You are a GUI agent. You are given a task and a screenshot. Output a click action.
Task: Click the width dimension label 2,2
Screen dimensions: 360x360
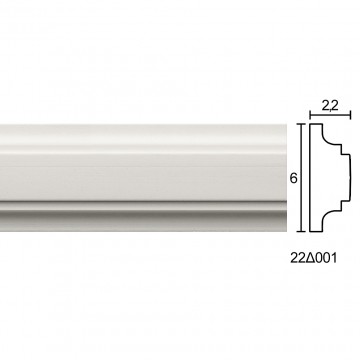click(x=330, y=106)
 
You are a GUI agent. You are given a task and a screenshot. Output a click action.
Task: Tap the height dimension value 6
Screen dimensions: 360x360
click(x=293, y=178)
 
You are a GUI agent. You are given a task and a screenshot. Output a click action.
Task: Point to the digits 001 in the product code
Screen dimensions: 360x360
click(x=326, y=258)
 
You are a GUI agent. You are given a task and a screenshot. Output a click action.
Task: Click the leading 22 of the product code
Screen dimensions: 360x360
click(x=298, y=258)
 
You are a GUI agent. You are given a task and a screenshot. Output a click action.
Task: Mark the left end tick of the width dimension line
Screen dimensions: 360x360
click(x=310, y=115)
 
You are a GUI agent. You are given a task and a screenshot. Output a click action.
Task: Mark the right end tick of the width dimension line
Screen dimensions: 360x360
click(x=350, y=115)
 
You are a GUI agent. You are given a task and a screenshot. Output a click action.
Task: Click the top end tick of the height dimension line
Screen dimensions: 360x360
click(x=301, y=124)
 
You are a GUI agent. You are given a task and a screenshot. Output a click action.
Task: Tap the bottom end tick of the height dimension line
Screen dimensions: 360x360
click(x=301, y=231)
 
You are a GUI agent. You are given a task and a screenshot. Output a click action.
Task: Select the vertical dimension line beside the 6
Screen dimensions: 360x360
click(x=301, y=178)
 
